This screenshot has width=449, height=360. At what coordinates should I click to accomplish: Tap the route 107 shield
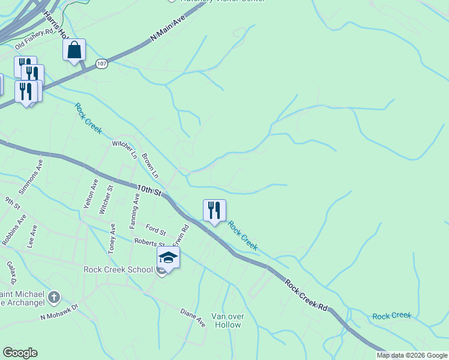(102, 64)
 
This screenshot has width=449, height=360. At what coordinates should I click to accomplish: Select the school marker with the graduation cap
(169, 258)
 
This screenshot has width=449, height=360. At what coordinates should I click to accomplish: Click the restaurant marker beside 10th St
(214, 211)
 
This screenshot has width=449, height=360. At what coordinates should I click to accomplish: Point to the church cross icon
(54, 297)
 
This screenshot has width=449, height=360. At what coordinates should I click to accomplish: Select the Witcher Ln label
(125, 149)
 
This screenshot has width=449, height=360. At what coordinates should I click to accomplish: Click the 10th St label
(149, 191)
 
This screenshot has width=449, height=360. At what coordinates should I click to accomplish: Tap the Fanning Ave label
(135, 206)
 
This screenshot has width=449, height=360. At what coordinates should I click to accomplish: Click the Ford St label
(155, 229)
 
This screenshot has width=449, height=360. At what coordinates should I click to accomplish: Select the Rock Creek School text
(118, 269)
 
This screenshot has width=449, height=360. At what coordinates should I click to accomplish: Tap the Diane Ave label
(193, 317)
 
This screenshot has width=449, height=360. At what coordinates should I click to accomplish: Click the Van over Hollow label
(226, 320)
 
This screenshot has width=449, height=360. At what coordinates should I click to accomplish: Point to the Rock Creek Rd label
(306, 294)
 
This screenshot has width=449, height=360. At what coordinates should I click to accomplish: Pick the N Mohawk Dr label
(59, 311)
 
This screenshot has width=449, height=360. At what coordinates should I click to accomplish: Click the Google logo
(20, 353)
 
